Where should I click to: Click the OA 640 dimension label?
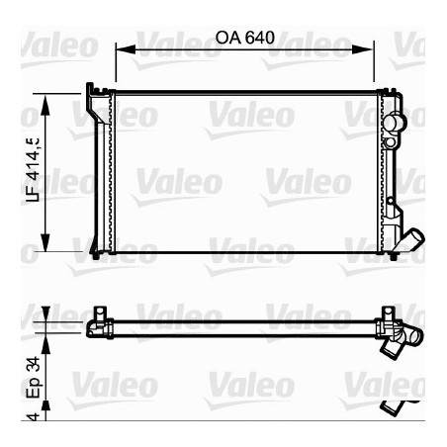pos(242,37)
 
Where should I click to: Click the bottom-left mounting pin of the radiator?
pos(95,255)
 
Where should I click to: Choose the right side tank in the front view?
pos(388,173)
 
